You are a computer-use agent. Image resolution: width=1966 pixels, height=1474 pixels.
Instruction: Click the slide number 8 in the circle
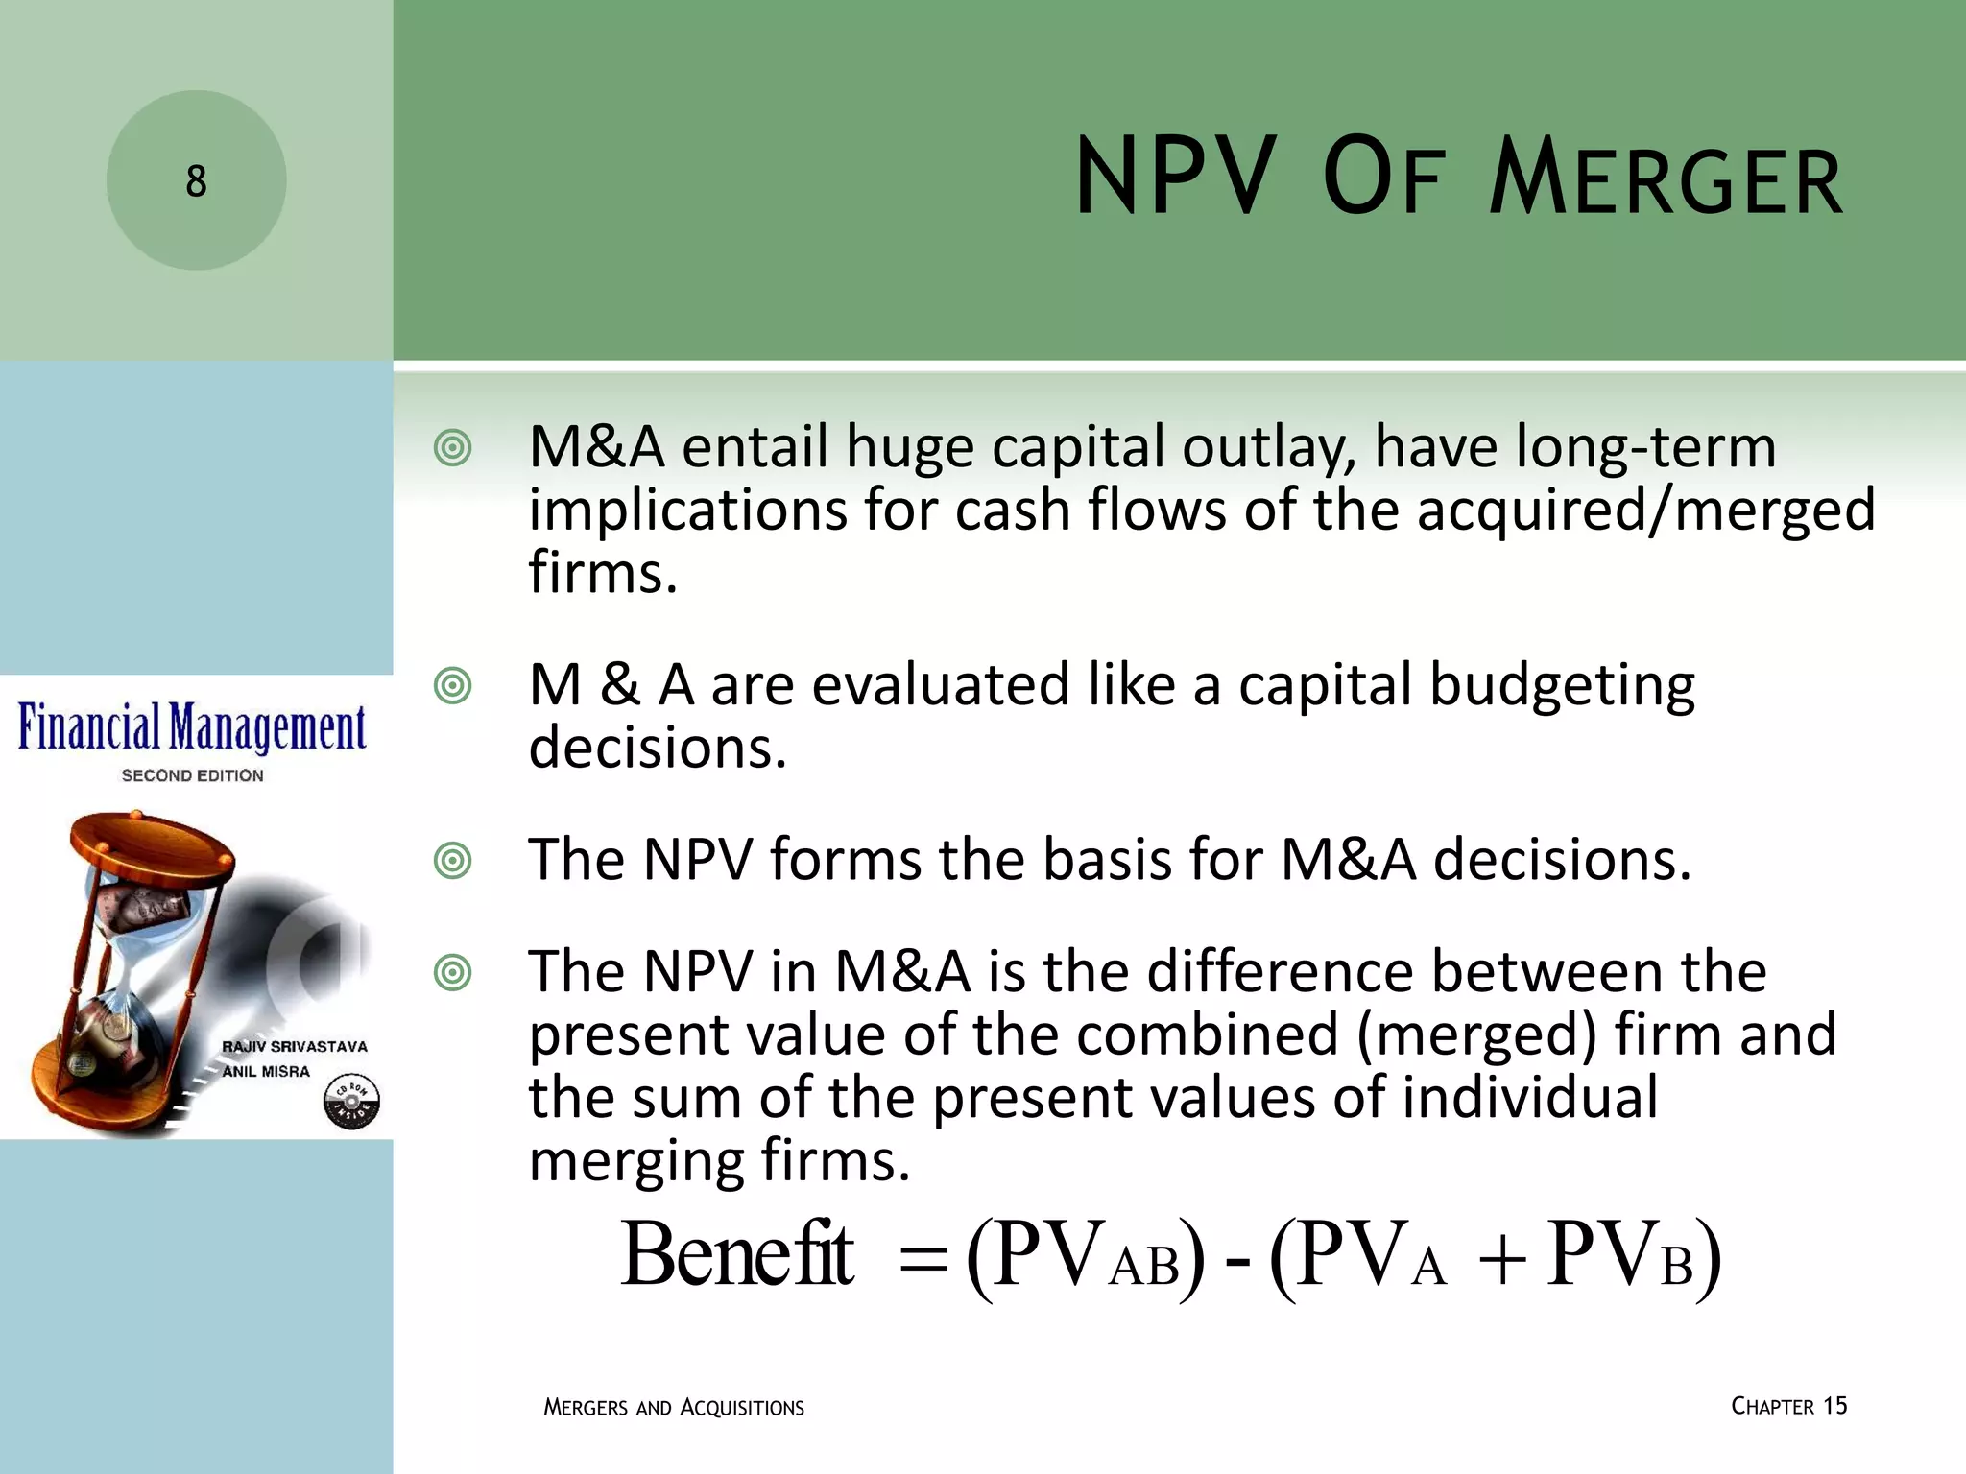(196, 181)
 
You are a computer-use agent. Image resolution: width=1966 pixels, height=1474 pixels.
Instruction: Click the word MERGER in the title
(1666, 179)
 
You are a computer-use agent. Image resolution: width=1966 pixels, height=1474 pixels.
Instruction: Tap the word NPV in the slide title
(1177, 178)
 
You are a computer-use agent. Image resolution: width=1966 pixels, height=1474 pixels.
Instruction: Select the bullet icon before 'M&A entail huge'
(452, 448)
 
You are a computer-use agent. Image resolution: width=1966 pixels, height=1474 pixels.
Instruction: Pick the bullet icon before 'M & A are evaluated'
(452, 686)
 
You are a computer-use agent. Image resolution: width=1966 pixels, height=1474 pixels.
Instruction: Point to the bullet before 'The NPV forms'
(452, 860)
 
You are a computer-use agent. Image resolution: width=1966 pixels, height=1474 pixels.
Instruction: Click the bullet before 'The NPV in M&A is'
(452, 973)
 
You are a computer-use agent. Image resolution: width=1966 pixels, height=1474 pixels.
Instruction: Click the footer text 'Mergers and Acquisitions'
(674, 1408)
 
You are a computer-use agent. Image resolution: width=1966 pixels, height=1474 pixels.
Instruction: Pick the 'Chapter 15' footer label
(1788, 1406)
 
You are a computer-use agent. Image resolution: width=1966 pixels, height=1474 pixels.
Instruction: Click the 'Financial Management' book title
(192, 728)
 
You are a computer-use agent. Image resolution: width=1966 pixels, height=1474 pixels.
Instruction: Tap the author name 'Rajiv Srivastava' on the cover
(295, 1046)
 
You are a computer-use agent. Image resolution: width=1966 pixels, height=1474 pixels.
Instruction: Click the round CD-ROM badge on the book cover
(351, 1102)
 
